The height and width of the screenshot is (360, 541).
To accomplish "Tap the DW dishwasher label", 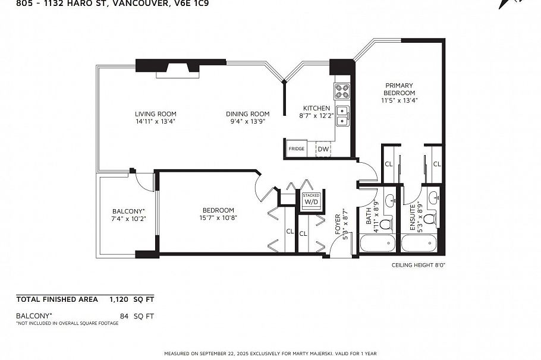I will (x=323, y=149).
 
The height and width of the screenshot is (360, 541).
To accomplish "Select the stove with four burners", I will (x=342, y=91).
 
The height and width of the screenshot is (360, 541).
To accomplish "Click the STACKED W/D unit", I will (x=311, y=199).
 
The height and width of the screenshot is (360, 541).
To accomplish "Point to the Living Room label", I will (x=155, y=114).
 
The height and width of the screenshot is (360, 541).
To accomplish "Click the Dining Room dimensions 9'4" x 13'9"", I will (x=247, y=121).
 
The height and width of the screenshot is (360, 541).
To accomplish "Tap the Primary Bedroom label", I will (x=399, y=89).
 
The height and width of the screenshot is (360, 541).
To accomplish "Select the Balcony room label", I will (x=128, y=211).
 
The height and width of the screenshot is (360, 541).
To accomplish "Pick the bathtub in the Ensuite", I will (x=420, y=244).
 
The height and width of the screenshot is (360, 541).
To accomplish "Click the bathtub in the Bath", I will (x=378, y=244).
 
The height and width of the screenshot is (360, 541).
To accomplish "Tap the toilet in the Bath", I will (x=385, y=223).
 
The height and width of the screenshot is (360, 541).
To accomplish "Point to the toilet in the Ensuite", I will (x=429, y=219).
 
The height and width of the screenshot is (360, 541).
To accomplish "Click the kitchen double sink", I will (x=342, y=116).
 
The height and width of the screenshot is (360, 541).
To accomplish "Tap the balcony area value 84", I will (x=124, y=316).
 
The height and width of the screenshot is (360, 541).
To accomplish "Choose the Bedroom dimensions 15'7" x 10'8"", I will (x=218, y=217).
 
